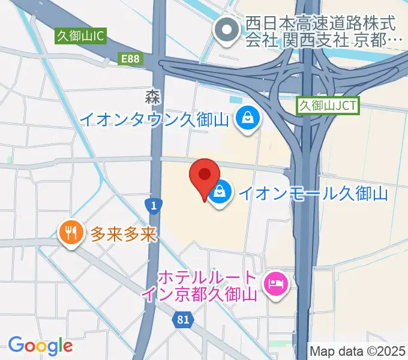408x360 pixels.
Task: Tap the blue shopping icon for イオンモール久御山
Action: (x=221, y=193)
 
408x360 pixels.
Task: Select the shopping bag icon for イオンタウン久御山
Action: (x=247, y=118)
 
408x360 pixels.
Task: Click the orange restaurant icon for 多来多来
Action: (x=71, y=233)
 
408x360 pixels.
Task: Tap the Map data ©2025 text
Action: (x=358, y=350)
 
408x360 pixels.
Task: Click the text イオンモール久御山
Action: (x=313, y=193)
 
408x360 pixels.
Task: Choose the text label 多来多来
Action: (x=124, y=233)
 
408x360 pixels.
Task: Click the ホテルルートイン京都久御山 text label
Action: (x=208, y=287)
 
